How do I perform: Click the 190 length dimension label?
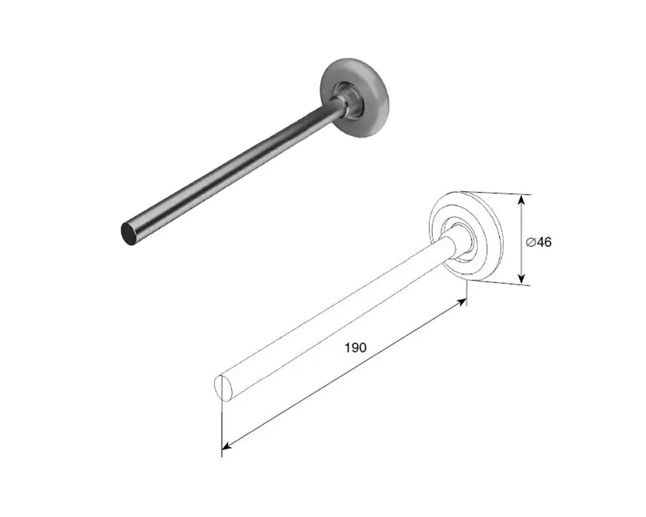click(355, 348)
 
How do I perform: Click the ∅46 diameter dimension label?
click(539, 242)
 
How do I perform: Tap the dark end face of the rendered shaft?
click(130, 234)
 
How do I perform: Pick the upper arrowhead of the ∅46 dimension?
click(521, 200)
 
